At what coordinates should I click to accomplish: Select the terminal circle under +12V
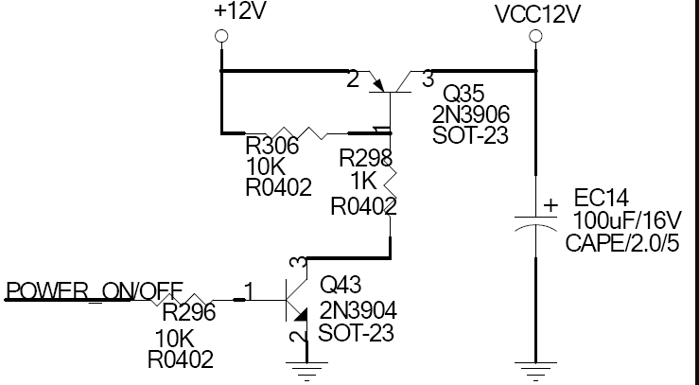[221, 36]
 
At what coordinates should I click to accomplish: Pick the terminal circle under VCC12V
[534, 37]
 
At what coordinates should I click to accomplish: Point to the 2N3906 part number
[472, 115]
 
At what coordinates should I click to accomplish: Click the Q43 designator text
[341, 285]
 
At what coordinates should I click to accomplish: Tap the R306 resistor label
[272, 147]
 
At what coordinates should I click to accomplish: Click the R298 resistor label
[365, 157]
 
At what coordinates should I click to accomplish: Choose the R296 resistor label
[189, 312]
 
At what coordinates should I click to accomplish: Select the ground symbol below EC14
[534, 367]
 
